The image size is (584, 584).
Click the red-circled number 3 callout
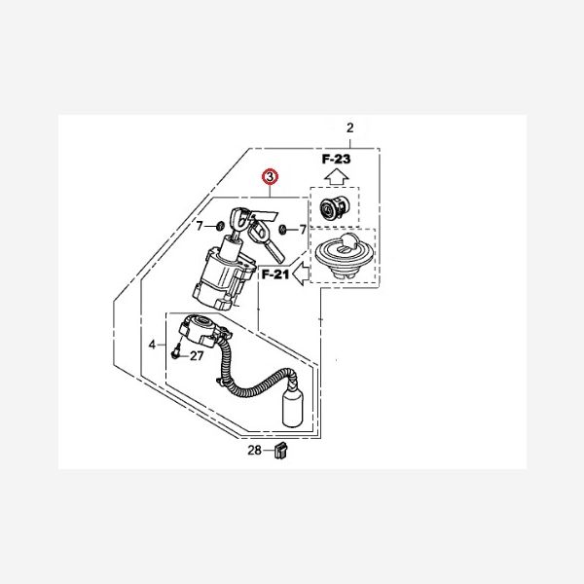[x=270, y=177]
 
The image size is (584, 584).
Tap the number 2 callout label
[x=349, y=128]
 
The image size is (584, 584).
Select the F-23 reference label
[x=336, y=159]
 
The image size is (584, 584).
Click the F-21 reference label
[x=275, y=274]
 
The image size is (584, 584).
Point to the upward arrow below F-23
[x=337, y=176]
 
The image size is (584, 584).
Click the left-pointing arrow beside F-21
[x=301, y=274]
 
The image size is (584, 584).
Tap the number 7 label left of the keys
[x=200, y=226]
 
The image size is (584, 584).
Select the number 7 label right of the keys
[x=303, y=230]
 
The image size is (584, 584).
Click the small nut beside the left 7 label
[x=220, y=226]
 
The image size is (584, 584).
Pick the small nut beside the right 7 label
[x=282, y=229]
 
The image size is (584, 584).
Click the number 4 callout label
[x=152, y=345]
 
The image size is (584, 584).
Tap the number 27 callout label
[x=197, y=356]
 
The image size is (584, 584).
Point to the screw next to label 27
[x=176, y=351]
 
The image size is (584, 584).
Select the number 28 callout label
[x=254, y=451]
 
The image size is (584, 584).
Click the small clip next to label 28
[x=281, y=451]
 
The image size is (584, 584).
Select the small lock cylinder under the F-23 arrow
[x=335, y=208]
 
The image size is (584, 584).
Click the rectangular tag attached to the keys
[x=265, y=216]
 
